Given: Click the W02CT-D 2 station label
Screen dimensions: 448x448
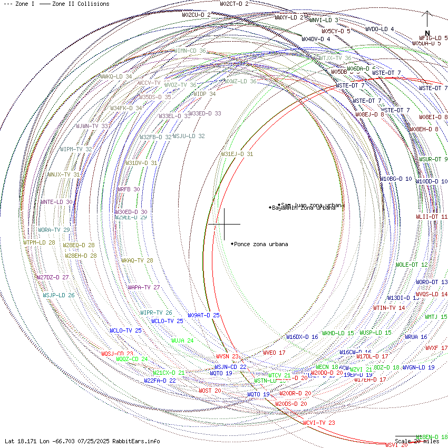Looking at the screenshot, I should coord(234,4).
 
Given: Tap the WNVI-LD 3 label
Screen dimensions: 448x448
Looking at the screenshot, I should coord(324,20).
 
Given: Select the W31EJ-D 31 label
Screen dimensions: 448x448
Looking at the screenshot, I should coord(237,154).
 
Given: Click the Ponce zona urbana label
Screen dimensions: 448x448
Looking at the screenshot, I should coord(261,244).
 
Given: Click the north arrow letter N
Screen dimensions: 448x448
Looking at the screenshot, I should coord(427,33).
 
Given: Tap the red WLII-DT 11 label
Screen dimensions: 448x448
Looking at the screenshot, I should coord(432,217).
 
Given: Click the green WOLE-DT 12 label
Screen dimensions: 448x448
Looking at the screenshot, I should coord(412,265).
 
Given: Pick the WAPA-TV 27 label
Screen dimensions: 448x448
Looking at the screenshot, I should coord(143,287).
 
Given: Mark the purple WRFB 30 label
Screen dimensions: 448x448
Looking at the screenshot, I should coord(128,189).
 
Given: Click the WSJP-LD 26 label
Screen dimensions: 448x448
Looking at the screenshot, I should coord(59,295).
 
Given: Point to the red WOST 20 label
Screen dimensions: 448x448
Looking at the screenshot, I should coord(210,391).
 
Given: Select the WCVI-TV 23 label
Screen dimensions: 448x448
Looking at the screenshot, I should coord(319,423).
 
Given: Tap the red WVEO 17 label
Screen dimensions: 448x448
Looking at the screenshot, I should coord(274,353).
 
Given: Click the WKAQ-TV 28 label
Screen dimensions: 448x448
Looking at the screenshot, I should coord(137,260).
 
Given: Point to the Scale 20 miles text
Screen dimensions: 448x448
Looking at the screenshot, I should coord(416,441).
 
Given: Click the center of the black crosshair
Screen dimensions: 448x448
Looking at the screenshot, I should coord(225,224).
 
